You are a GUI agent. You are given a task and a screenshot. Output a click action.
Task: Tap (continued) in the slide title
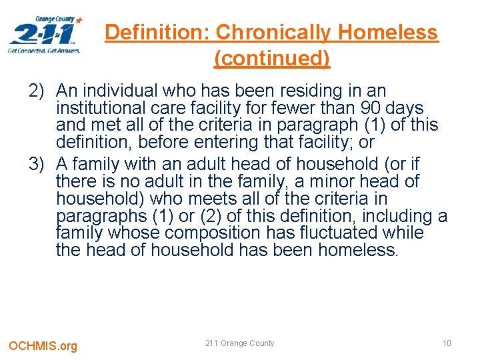pyautogui.click(x=271, y=59)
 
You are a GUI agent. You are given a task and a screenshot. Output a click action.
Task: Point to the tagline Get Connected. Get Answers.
pyautogui.click(x=44, y=50)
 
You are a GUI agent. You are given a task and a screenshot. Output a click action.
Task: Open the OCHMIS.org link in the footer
pyautogui.click(x=43, y=345)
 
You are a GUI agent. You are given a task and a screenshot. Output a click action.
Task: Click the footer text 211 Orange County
pyautogui.click(x=240, y=343)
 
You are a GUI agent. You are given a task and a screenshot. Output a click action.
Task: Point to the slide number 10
pyautogui.click(x=447, y=343)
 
